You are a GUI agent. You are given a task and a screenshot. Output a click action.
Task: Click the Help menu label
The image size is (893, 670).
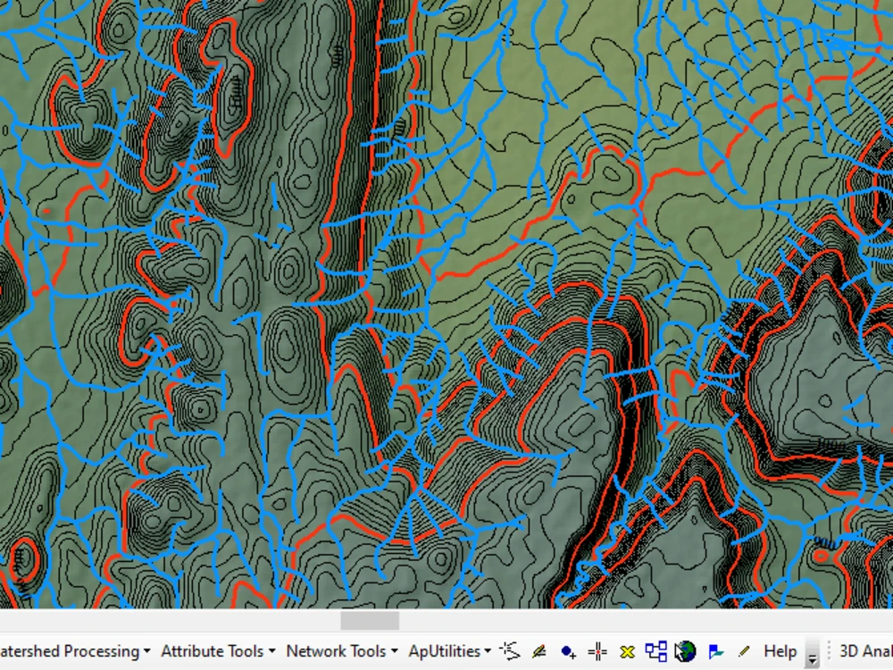780,651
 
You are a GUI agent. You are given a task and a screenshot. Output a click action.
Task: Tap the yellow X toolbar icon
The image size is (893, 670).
627,651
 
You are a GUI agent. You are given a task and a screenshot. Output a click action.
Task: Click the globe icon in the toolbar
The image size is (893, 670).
685,651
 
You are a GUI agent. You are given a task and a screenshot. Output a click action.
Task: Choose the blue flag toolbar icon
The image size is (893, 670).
715,651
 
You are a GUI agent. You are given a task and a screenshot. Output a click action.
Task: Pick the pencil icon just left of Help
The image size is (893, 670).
744,651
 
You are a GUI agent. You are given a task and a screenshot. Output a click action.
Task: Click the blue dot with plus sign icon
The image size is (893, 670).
568,651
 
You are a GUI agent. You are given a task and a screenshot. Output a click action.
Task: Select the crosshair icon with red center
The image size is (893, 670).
597,651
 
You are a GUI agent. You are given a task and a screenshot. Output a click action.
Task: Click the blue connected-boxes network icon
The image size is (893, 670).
656,651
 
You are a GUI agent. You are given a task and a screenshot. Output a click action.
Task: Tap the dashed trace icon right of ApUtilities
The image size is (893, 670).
510,650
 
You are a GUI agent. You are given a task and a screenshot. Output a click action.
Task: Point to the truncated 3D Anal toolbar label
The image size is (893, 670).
865,651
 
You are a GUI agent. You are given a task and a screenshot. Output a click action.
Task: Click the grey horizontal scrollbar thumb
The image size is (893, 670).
370,620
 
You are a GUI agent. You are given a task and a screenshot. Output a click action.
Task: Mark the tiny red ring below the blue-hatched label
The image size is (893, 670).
822,555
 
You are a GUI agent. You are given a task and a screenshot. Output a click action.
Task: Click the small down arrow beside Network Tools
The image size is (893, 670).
395,652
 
